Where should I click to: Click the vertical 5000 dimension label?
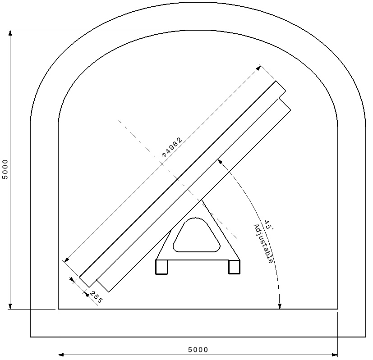click(5, 169)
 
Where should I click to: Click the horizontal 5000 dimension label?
click(198, 350)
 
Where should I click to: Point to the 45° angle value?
click(268, 225)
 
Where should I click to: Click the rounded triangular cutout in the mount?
click(197, 236)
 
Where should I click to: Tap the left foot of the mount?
click(161, 267)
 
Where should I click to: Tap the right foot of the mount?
click(234, 267)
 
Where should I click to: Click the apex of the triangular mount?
click(202, 200)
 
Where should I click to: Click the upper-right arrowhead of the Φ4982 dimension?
click(259, 68)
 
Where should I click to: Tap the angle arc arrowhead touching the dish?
click(219, 161)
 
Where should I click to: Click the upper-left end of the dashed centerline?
click(119, 120)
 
